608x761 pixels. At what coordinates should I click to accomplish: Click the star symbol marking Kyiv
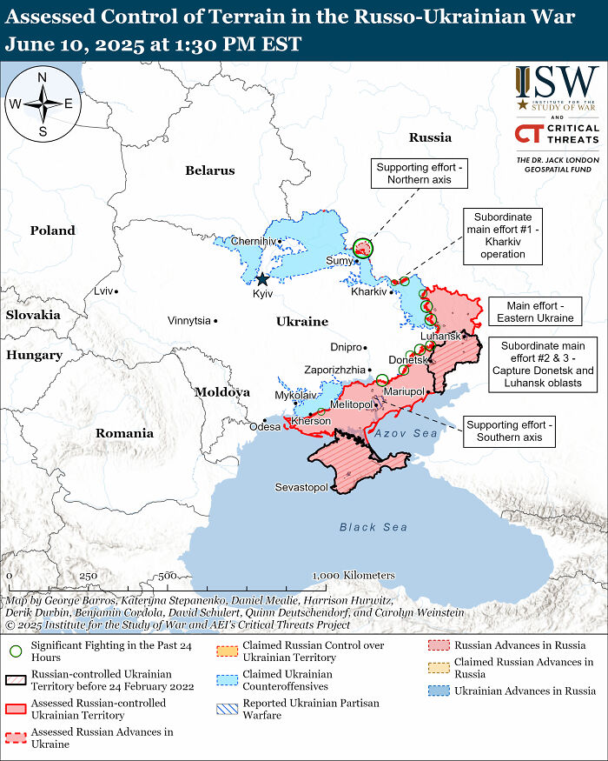(262, 279)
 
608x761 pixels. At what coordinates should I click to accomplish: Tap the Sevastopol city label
(301, 487)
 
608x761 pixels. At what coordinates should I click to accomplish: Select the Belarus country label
(209, 170)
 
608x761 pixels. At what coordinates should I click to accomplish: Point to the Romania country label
(124, 432)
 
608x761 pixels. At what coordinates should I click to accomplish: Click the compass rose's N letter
(42, 77)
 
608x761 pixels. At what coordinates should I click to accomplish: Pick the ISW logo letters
(556, 83)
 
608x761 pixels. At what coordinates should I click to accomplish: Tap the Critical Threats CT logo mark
(527, 134)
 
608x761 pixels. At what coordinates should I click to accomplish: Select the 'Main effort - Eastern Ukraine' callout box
(532, 311)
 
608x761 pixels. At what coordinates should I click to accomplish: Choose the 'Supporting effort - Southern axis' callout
(509, 431)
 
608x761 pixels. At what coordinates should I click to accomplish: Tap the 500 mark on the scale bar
(168, 576)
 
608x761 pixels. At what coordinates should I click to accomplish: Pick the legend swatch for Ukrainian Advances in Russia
(439, 691)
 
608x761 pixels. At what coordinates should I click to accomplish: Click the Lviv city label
(103, 290)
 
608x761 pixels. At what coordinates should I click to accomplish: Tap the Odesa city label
(265, 427)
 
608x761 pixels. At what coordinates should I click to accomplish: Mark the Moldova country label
(221, 392)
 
